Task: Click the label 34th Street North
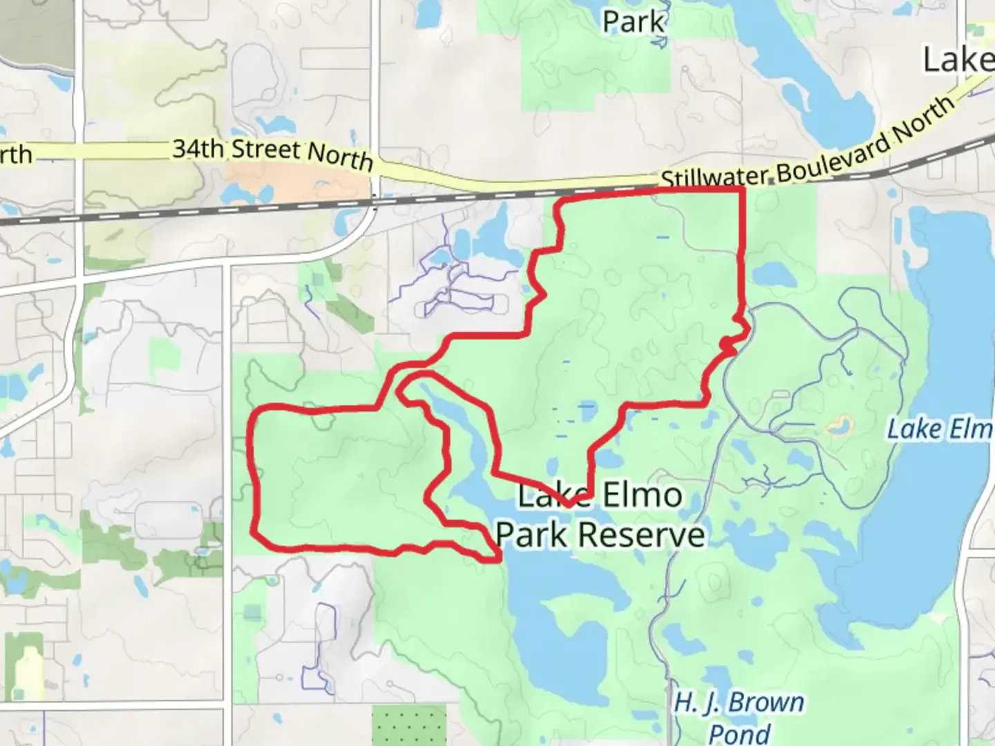pos(272,153)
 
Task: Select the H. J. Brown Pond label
pos(739,717)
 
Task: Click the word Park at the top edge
pos(633,21)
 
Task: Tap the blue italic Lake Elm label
pos(940,430)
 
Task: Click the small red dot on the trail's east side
pos(724,343)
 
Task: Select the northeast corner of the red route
pos(743,189)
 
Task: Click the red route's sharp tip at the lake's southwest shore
pos(499,559)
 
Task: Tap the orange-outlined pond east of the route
pos(838,427)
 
